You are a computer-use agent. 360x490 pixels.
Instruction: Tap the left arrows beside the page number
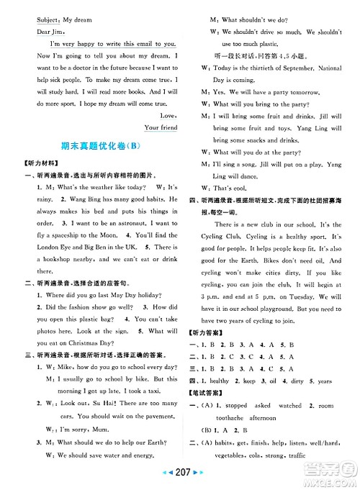159,479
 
